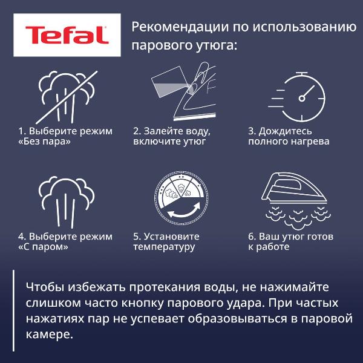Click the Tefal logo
67,35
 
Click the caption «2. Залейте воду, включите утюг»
172,137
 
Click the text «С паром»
42,247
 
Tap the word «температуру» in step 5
164,247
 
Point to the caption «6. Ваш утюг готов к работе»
290,242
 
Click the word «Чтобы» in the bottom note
44,286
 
